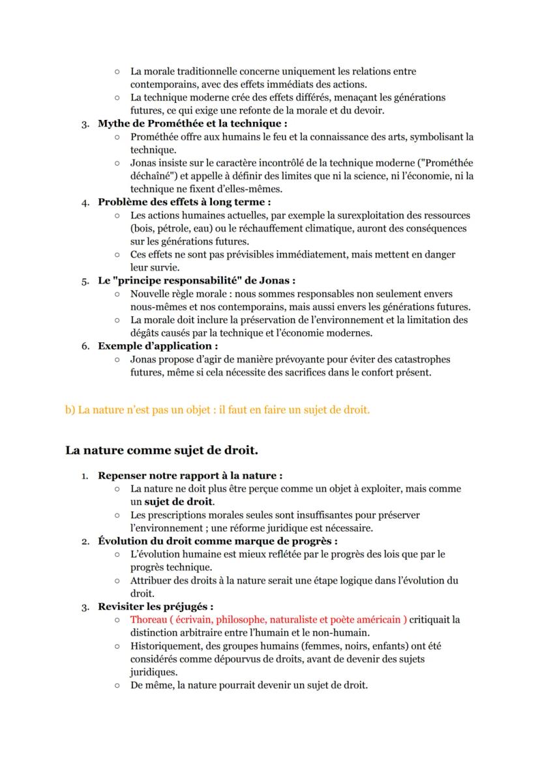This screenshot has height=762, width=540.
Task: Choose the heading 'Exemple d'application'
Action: [157, 346]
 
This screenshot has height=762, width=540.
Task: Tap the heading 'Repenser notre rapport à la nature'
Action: [190, 476]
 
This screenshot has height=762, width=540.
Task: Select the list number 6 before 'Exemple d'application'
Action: [85, 346]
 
